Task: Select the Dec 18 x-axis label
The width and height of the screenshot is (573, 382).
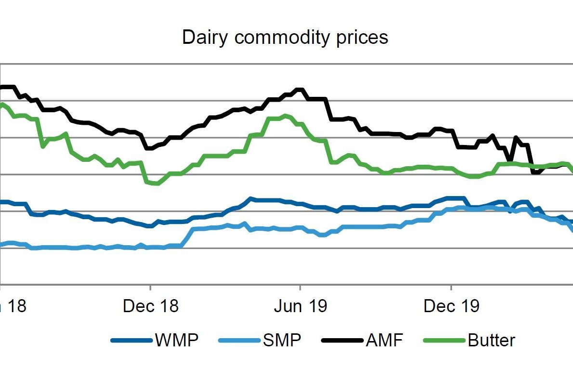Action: pos(151,306)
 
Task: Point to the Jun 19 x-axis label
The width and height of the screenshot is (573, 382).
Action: pos(301,306)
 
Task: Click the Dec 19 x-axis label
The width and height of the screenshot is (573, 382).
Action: pos(452,306)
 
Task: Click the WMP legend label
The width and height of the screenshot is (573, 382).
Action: pos(176,341)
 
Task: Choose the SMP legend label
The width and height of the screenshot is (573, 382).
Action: pos(282,341)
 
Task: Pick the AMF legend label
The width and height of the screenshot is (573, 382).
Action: pos(384,341)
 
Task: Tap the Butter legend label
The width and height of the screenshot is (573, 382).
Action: pos(491,341)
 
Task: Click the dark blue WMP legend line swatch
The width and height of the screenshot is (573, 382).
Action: pos(132,341)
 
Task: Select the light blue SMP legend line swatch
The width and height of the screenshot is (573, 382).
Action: pos(240,341)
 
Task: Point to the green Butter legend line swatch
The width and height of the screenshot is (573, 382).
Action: pos(444,341)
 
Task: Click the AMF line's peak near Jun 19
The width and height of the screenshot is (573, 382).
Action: pos(299,90)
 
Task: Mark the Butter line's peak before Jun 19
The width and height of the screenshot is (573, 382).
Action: pos(285,116)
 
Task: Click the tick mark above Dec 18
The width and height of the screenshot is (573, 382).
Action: pos(150,288)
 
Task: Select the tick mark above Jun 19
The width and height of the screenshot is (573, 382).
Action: pos(300,288)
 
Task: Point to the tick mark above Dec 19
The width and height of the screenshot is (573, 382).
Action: pos(451,288)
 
